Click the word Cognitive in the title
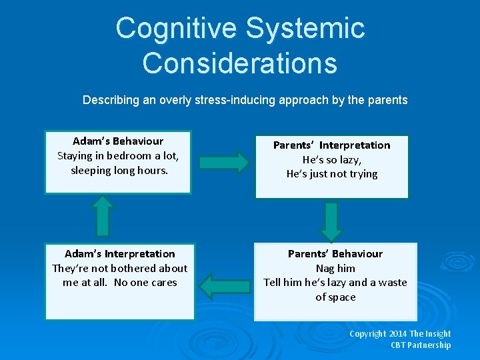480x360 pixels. point(175,29)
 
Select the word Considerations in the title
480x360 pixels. point(240,63)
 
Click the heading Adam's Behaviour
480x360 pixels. point(118,141)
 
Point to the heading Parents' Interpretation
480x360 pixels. point(332,145)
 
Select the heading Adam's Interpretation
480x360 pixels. point(120,254)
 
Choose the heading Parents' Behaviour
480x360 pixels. point(335,254)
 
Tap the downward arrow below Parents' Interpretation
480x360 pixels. point(331,221)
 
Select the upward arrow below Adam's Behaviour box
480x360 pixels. point(103,215)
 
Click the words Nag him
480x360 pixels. point(335,268)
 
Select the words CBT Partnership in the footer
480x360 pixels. point(421,345)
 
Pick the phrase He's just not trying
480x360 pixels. point(332,174)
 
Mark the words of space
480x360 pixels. point(335,297)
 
